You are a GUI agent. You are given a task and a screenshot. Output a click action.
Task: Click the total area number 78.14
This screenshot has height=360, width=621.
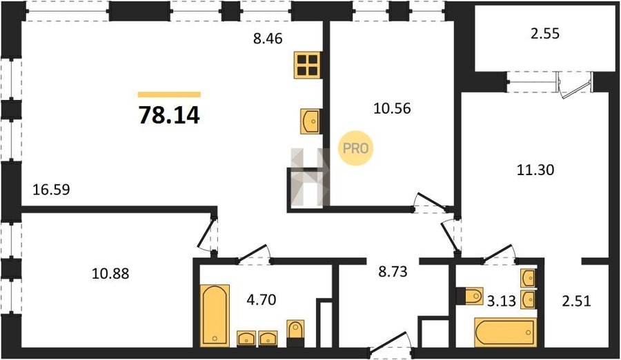tap(169, 115)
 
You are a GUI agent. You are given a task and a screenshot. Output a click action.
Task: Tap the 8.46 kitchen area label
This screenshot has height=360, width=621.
tap(268, 39)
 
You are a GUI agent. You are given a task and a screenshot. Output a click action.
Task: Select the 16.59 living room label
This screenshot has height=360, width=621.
tap(52, 190)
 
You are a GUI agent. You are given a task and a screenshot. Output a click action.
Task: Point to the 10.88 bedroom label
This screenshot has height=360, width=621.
tap(110, 273)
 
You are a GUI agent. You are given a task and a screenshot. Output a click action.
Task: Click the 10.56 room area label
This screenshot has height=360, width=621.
tap(392, 108)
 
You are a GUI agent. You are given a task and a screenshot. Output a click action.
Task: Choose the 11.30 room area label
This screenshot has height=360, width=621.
tap(535, 170)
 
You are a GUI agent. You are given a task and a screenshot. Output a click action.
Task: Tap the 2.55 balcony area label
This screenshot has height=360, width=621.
tap(545, 34)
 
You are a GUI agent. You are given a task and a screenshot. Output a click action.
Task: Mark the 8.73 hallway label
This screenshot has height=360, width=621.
tap(393, 272)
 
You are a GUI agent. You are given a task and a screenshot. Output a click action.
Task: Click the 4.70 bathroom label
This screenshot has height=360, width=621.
tap(262, 300)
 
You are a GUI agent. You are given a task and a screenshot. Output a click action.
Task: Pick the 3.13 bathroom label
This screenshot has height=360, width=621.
tap(502, 301)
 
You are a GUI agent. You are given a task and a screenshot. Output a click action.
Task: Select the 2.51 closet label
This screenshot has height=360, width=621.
tap(576, 301)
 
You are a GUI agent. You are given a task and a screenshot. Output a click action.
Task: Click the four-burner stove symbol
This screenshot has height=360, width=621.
tap(307, 65)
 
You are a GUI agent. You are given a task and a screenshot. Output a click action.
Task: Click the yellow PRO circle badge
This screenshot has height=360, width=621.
tap(355, 148)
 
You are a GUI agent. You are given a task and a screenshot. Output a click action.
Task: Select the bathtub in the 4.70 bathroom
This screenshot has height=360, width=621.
tap(215, 315)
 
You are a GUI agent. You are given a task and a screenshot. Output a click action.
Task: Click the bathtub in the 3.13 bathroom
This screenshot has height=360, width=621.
tap(505, 332)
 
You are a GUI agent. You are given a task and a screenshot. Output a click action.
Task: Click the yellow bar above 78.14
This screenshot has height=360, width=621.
tap(169, 94)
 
